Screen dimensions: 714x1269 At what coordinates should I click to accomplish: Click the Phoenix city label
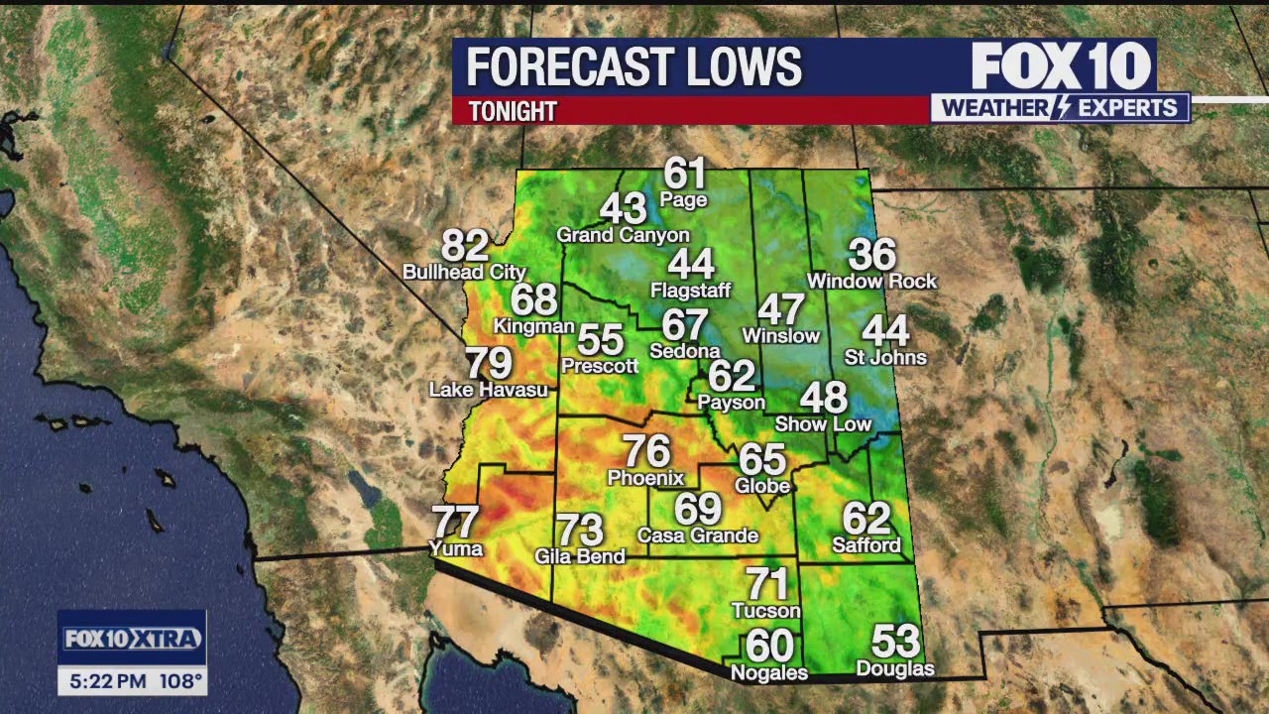(645, 478)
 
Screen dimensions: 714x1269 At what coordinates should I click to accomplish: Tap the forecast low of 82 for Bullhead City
(465, 245)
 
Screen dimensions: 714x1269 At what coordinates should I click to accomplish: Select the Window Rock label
(871, 282)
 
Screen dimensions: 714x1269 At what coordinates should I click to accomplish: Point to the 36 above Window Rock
(872, 255)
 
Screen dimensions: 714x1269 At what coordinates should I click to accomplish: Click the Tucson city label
(765, 610)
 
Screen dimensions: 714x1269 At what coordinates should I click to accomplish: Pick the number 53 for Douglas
(895, 642)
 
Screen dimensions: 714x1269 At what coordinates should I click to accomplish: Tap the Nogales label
(769, 673)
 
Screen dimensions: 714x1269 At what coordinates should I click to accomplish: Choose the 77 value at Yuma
(455, 522)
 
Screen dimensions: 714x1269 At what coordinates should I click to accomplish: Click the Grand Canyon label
(623, 235)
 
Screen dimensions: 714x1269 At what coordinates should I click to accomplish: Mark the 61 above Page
(684, 174)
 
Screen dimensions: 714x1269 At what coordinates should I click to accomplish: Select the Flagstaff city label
(690, 291)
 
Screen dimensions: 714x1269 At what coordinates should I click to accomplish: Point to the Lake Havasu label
(488, 390)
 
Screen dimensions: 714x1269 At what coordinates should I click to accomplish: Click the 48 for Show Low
(823, 398)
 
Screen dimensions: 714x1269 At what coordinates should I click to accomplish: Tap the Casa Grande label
(698, 535)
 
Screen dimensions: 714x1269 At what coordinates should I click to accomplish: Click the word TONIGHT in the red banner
(513, 111)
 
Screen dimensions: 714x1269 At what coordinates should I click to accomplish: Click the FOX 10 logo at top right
(1060, 65)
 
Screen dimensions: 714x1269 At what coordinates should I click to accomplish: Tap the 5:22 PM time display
(105, 681)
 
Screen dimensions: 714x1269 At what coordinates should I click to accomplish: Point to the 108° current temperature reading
(179, 681)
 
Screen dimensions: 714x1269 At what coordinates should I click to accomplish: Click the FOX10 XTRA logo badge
(132, 639)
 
